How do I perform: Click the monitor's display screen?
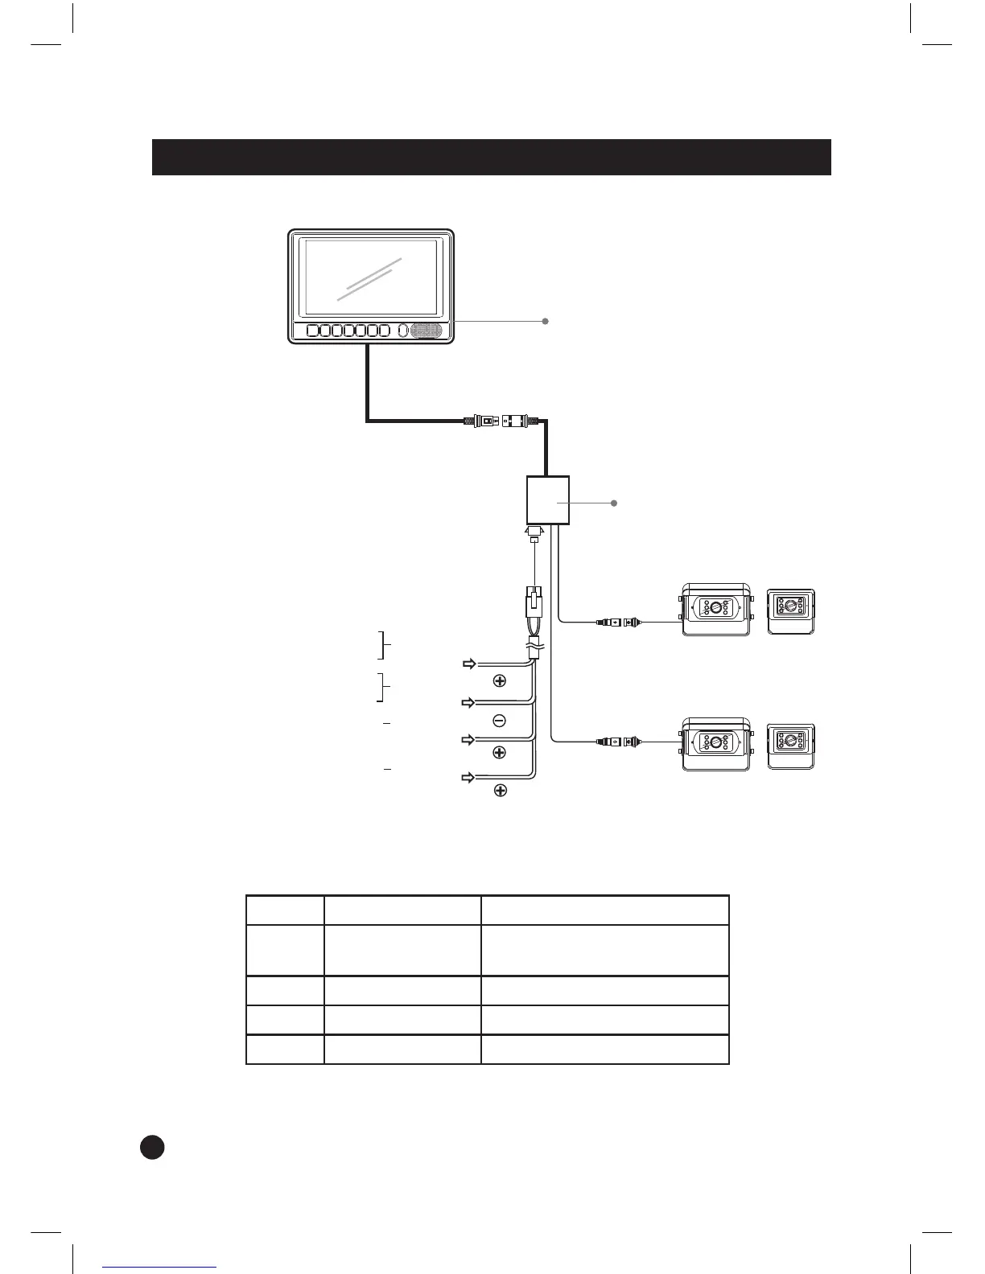[371, 277]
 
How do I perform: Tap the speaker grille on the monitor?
[427, 331]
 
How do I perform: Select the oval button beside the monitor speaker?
[402, 331]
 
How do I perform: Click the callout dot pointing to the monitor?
[546, 321]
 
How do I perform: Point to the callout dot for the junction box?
[614, 503]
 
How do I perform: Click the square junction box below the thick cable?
[547, 500]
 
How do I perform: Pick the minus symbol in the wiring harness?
[499, 721]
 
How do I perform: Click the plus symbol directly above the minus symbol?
[500, 681]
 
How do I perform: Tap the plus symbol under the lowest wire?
[500, 791]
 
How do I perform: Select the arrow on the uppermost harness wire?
[468, 664]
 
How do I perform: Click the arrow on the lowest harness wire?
[468, 778]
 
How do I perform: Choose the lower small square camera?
[790, 746]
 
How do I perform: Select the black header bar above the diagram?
[491, 157]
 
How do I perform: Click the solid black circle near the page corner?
[152, 1146]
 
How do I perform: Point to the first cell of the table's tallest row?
[285, 950]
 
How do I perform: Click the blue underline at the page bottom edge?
[159, 1268]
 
